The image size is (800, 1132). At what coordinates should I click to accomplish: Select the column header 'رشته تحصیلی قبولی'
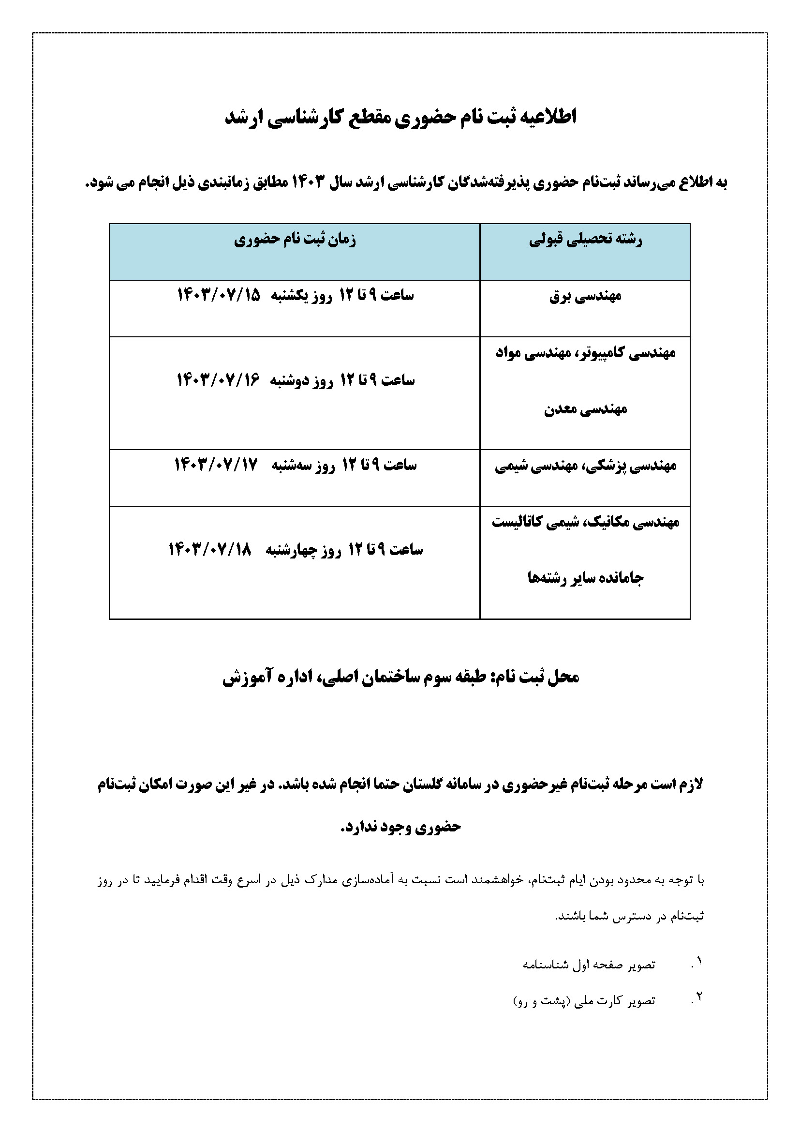(x=585, y=240)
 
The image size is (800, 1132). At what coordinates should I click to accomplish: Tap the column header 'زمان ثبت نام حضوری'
(x=295, y=240)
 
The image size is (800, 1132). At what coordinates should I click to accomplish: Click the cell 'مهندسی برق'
(x=585, y=296)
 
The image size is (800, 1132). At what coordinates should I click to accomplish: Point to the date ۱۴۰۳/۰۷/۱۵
(x=218, y=295)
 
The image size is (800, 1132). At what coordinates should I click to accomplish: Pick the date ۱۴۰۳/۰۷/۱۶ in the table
(x=218, y=380)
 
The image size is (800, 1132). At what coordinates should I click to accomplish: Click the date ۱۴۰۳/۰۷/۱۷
(x=216, y=465)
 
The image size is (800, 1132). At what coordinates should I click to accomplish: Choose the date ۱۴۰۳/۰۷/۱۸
(x=210, y=549)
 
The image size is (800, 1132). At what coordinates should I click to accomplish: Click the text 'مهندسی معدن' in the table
(x=585, y=409)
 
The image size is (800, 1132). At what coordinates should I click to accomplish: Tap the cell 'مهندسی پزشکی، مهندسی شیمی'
(x=585, y=466)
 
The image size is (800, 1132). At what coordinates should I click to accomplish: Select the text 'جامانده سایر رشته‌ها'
(x=585, y=578)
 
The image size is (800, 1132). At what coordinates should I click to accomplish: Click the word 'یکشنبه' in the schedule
(x=289, y=295)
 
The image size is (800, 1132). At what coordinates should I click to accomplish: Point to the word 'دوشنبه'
(x=291, y=380)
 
